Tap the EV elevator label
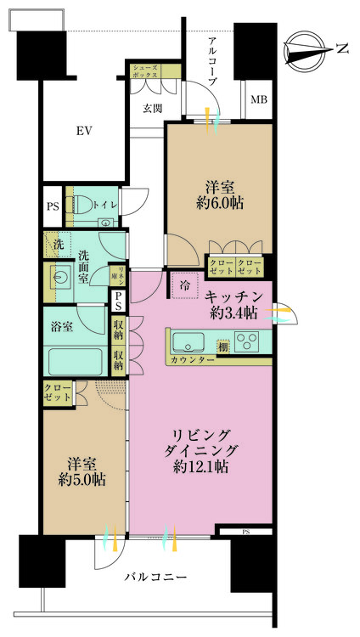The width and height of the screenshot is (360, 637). click(83, 131)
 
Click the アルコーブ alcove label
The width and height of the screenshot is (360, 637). click(212, 60)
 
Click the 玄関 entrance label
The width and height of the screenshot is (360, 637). click(153, 108)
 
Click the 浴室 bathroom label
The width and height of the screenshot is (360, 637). click(61, 324)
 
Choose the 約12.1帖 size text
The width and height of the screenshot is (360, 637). click(202, 466)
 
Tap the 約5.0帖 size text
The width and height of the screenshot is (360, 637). click(82, 479)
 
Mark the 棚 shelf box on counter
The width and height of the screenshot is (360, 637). click(222, 345)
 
